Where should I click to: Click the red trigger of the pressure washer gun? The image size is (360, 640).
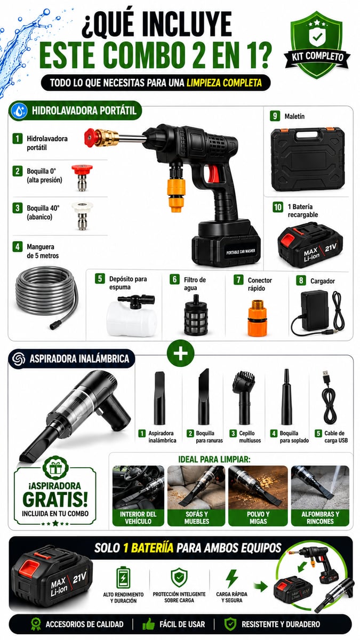pyautogui.click(x=214, y=173)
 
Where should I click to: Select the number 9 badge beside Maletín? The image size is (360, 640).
pyautogui.click(x=275, y=116)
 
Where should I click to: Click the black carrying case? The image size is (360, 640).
pyautogui.click(x=308, y=159)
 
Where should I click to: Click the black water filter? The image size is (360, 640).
pyautogui.click(x=196, y=315)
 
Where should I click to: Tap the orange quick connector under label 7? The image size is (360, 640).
pyautogui.click(x=257, y=318)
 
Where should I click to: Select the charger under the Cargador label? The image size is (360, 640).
pyautogui.click(x=317, y=313)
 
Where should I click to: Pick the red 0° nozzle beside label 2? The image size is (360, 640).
pyautogui.click(x=82, y=178)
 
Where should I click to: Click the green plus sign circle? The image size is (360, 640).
pyautogui.click(x=181, y=353)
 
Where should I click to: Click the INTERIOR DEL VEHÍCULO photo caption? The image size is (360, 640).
pyautogui.click(x=138, y=517)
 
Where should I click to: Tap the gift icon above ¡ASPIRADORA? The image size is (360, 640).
pyautogui.click(x=55, y=468)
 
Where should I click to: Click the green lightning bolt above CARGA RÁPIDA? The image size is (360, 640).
pyautogui.click(x=231, y=579)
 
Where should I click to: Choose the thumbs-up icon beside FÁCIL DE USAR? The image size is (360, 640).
pyautogui.click(x=149, y=625)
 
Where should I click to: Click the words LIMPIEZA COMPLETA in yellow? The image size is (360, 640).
pyautogui.click(x=224, y=83)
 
